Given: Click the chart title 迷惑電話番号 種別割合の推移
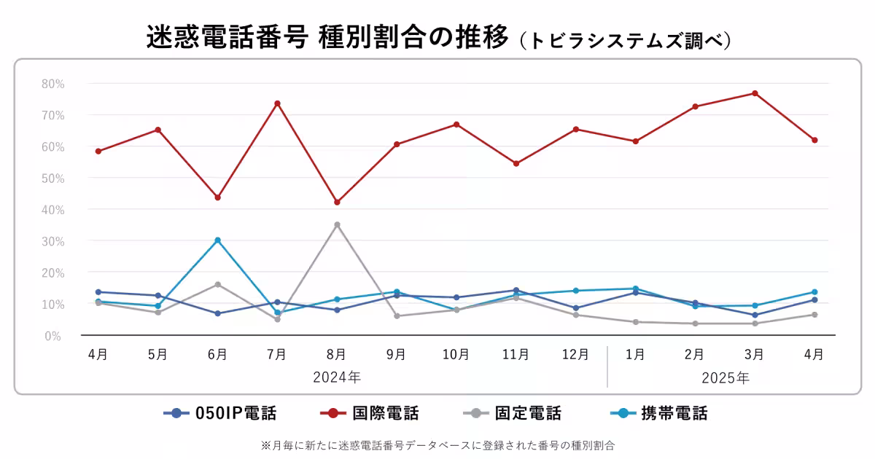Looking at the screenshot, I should (x=327, y=38).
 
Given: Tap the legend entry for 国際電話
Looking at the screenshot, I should (x=370, y=414).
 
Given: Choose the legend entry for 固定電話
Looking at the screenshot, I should (x=513, y=414).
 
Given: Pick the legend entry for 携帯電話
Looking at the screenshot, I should (x=659, y=414).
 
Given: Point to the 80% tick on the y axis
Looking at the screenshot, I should (x=52, y=84).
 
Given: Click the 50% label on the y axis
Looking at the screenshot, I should (x=52, y=178).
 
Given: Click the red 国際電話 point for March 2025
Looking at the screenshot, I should (x=755, y=93).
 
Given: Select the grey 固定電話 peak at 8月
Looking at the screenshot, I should (x=337, y=224).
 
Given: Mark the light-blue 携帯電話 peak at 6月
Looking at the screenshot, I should (x=217, y=240).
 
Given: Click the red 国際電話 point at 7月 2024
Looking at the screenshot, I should (x=277, y=103).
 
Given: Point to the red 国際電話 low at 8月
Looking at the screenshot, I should (x=337, y=202).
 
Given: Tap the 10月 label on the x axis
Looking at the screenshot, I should (x=456, y=355).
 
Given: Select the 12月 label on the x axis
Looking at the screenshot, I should (x=575, y=355).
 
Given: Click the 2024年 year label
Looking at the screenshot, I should (x=337, y=377).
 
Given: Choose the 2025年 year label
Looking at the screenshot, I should (x=725, y=377).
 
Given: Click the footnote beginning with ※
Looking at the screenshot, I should (x=437, y=444).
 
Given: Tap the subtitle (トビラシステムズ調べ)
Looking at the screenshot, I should (x=626, y=40).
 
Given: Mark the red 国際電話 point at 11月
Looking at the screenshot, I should (x=516, y=163).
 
